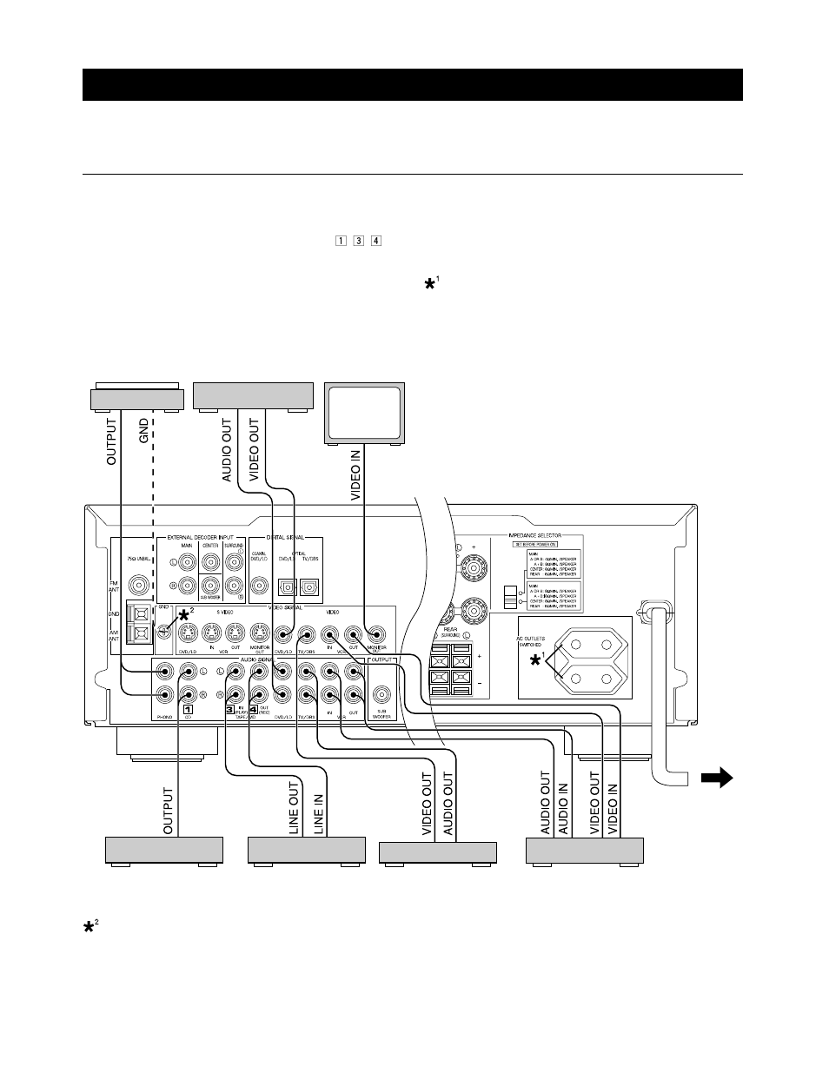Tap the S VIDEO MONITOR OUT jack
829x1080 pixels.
(x=258, y=634)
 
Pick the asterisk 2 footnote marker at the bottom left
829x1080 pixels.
(x=90, y=928)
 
